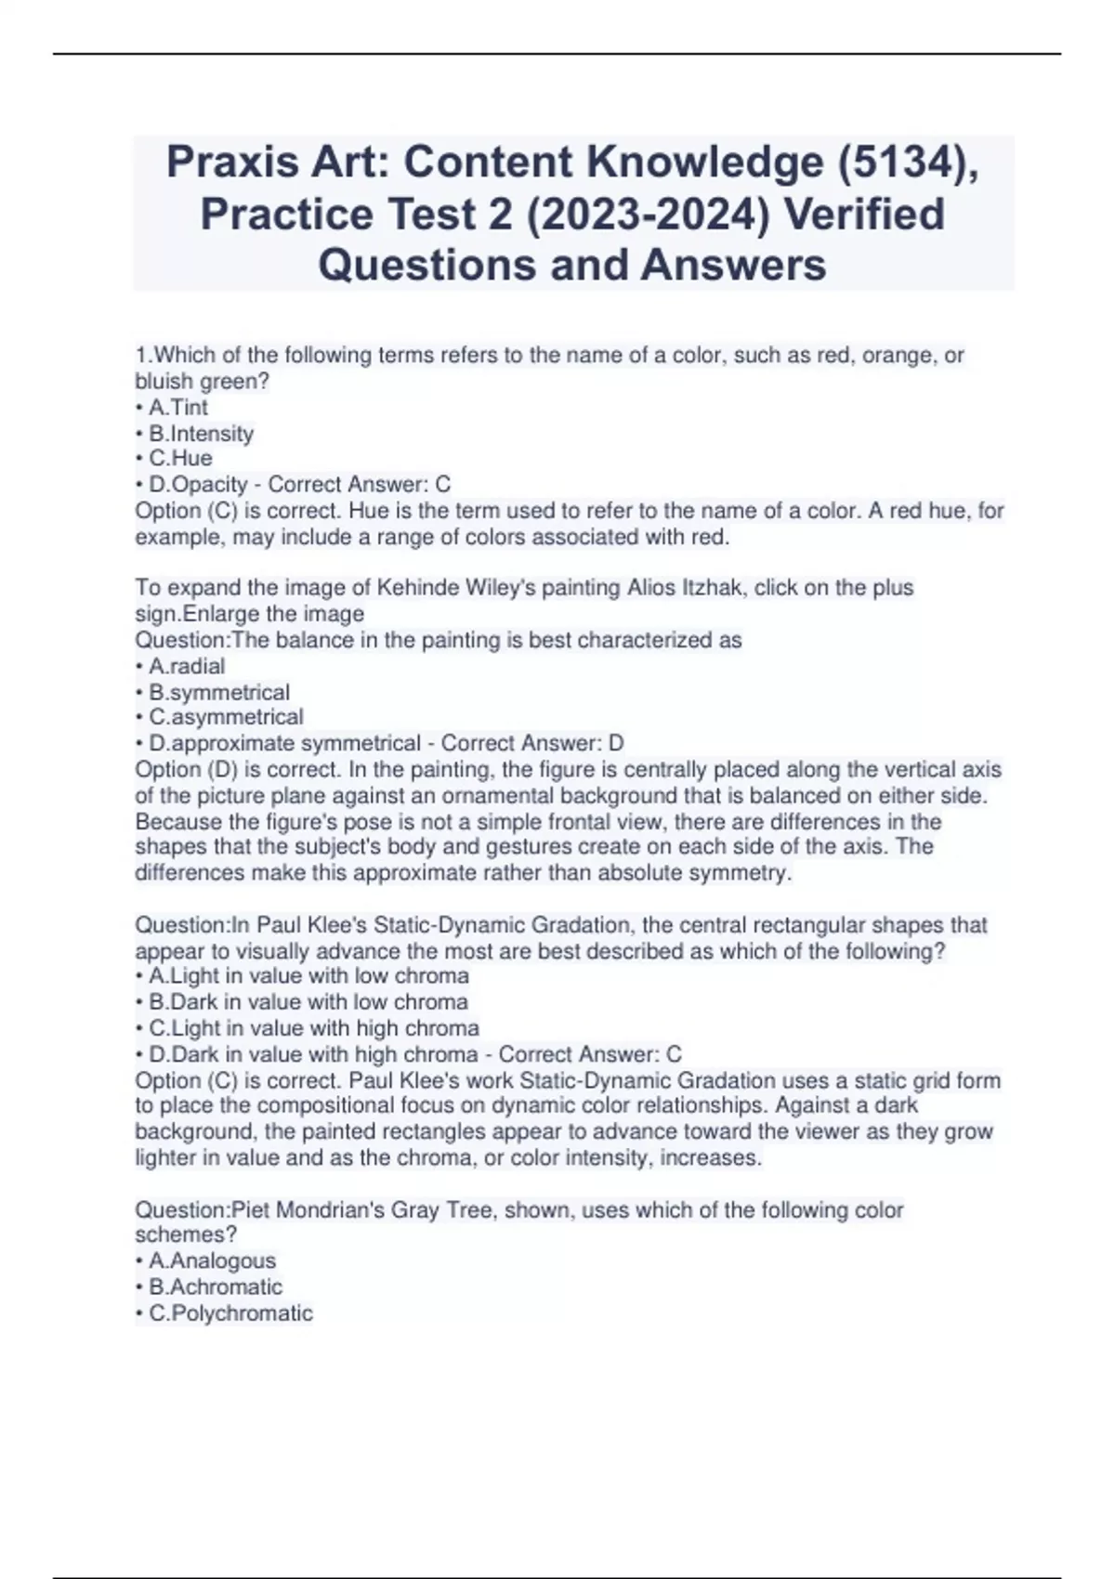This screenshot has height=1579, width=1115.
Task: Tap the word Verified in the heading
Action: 864,215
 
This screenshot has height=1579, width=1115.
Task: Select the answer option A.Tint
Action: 177,408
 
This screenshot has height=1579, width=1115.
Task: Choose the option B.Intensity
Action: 200,434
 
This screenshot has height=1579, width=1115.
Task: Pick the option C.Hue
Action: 180,459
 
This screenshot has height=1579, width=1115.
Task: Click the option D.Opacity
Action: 198,485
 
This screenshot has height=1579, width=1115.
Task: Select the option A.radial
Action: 186,666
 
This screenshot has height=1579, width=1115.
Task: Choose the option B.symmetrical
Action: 218,692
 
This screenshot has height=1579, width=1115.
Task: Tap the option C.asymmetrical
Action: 225,717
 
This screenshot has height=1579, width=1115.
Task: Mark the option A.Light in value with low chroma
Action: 308,976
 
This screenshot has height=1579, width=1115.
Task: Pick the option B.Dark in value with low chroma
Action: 308,1002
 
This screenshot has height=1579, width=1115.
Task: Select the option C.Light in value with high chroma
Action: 313,1028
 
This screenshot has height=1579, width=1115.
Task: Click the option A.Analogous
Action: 212,1260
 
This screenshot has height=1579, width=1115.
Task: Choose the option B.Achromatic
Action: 215,1286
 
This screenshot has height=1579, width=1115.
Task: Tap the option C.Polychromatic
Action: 230,1312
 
